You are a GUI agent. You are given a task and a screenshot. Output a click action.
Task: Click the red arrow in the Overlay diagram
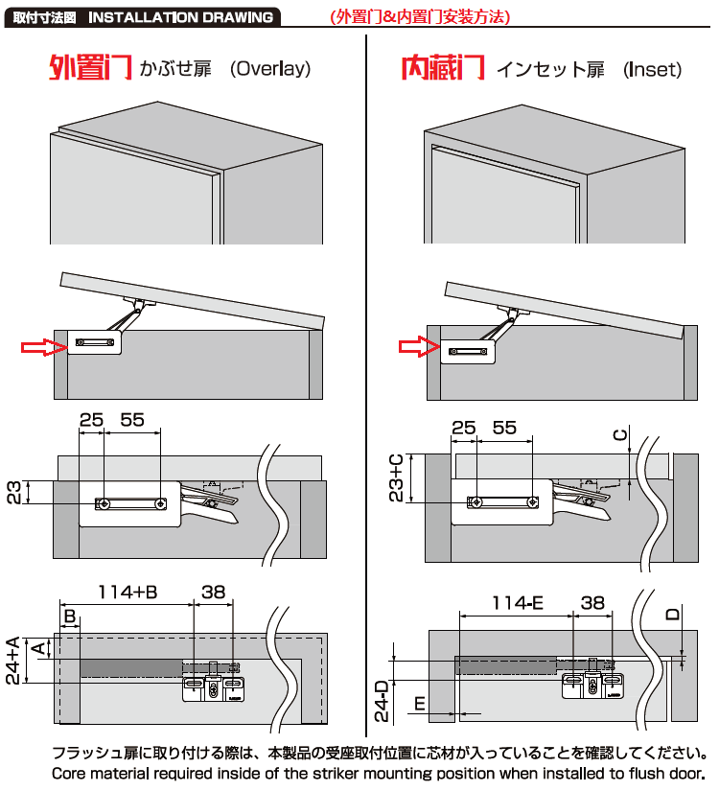tap(44, 347)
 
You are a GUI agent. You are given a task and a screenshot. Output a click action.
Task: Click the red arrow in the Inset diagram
tap(419, 346)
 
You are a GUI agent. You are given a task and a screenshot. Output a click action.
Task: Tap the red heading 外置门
tap(91, 68)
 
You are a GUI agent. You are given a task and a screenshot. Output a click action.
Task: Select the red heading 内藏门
tap(443, 68)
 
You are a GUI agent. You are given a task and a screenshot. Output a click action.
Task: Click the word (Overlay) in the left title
tap(270, 69)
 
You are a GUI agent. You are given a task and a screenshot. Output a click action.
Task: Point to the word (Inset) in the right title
tap(653, 70)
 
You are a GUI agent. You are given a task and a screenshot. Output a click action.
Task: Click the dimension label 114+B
tap(128, 592)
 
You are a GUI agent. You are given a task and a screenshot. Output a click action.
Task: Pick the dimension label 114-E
tap(518, 603)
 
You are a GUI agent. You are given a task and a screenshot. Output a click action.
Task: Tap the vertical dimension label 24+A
tap(13, 660)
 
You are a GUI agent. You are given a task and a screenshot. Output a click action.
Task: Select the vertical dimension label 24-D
tap(383, 701)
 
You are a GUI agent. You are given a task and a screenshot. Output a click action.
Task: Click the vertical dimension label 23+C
tap(397, 477)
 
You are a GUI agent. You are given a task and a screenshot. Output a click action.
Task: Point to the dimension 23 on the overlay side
tap(14, 493)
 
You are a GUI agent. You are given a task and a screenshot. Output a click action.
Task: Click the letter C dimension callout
tap(620, 435)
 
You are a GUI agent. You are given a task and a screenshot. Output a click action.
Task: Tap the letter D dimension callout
tap(673, 614)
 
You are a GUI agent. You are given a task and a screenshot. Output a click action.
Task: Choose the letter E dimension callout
tap(420, 703)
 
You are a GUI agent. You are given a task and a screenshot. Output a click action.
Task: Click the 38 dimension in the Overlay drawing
tap(214, 592)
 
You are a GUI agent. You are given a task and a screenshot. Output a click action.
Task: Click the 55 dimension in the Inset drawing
tap(504, 428)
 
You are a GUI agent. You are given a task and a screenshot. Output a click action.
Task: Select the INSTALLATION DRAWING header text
tap(180, 17)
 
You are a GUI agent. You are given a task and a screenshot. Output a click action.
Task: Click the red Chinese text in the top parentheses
tap(420, 17)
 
